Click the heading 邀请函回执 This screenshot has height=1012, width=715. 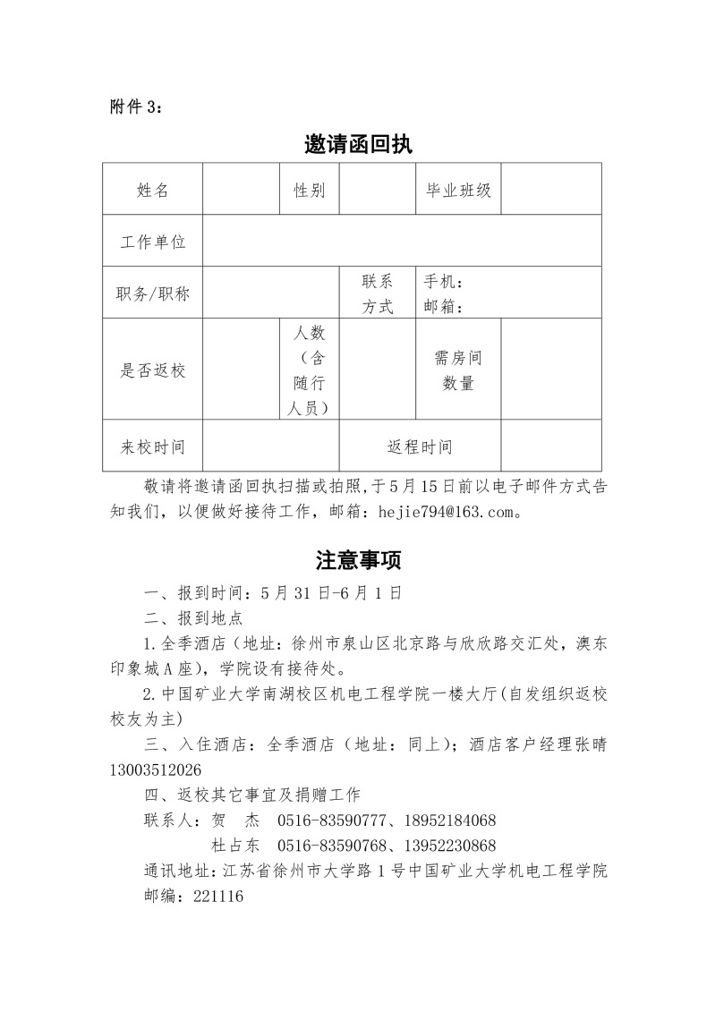[x=358, y=145]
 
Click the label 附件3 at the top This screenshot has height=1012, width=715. [x=137, y=106]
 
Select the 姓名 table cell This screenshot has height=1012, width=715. [x=152, y=190]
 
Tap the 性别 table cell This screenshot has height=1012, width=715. [x=310, y=190]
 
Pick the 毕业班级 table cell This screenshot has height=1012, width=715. [x=458, y=190]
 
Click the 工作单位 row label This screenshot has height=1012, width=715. [x=152, y=242]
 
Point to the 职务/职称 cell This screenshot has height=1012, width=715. [x=152, y=293]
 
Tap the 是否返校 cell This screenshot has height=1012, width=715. [x=152, y=370]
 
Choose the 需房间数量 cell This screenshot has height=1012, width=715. [x=458, y=370]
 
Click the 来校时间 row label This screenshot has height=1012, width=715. [x=152, y=446]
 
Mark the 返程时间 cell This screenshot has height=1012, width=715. [x=420, y=446]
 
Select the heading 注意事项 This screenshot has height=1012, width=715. [x=358, y=560]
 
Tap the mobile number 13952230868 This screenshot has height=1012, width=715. [x=450, y=846]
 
